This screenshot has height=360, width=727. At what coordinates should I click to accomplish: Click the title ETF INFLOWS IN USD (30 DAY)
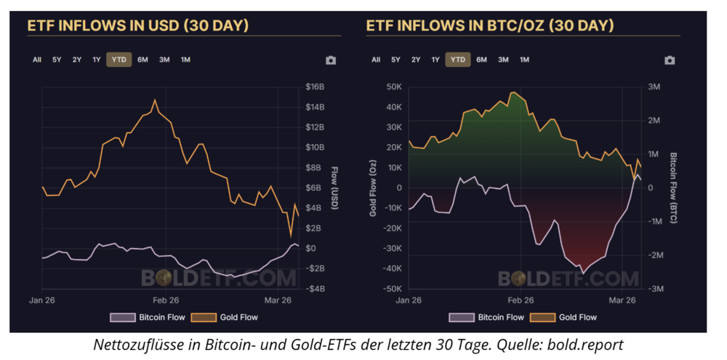[x=138, y=25]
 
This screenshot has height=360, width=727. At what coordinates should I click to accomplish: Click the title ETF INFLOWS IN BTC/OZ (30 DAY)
[x=489, y=25]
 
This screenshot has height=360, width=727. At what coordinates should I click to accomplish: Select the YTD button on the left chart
[x=119, y=60]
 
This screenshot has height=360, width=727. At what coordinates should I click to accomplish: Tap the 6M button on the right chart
[x=481, y=60]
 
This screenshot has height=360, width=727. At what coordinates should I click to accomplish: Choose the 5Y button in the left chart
[x=57, y=60]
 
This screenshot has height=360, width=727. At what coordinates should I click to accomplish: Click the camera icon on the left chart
[x=331, y=60]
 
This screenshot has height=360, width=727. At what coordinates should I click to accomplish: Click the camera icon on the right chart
[x=670, y=60]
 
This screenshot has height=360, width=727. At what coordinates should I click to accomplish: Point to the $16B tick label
[x=315, y=87]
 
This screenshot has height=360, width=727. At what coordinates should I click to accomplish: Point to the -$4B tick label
[x=315, y=289]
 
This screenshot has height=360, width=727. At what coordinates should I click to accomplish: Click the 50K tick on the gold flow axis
[x=393, y=87]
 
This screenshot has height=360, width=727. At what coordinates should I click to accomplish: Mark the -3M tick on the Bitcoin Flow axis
[x=655, y=289]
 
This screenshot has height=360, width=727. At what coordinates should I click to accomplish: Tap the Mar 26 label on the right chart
[x=622, y=300]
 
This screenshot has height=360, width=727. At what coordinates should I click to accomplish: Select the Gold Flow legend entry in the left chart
[x=226, y=317]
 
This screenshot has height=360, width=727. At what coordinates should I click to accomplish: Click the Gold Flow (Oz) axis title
[x=372, y=188]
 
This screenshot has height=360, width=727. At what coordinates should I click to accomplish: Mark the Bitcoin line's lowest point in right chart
[x=582, y=273]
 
